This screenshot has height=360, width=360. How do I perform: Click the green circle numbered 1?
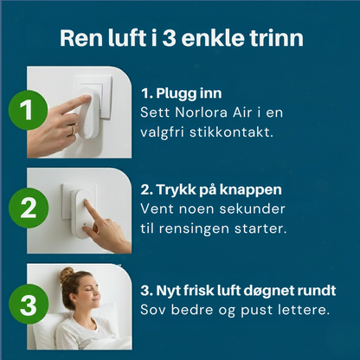[x=28, y=110]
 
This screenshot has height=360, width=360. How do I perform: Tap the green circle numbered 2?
[x=29, y=208]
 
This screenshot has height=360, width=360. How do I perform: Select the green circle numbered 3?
[x=29, y=305]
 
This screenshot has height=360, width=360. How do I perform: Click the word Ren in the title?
[x=81, y=38]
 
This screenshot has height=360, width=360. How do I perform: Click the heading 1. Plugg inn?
[x=182, y=93]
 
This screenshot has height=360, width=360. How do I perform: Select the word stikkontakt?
[x=231, y=132]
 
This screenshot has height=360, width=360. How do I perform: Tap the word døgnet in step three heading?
[x=265, y=291]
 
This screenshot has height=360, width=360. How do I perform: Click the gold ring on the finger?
[x=73, y=131]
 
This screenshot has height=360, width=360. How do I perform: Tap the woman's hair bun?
[x=67, y=274]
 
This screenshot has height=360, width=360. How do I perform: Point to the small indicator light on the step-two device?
[x=84, y=224]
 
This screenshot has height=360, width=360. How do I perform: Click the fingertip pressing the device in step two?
[x=86, y=202]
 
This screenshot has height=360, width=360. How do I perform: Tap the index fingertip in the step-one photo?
[x=87, y=98]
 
